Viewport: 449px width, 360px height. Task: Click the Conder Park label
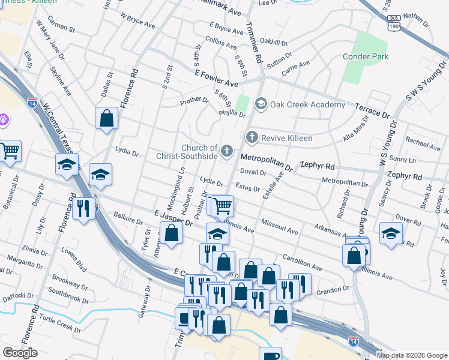tap(366, 57)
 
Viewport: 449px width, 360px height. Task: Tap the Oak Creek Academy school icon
tap(261, 104)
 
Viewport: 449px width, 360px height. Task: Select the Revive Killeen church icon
tap(252, 138)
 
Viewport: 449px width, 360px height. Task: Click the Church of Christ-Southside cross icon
tap(227, 151)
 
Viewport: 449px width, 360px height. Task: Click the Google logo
tap(20, 353)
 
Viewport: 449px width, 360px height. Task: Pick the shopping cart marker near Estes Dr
tap(222, 206)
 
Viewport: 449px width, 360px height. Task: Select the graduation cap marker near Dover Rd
tap(391, 233)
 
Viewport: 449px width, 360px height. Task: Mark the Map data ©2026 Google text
tap(412, 355)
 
